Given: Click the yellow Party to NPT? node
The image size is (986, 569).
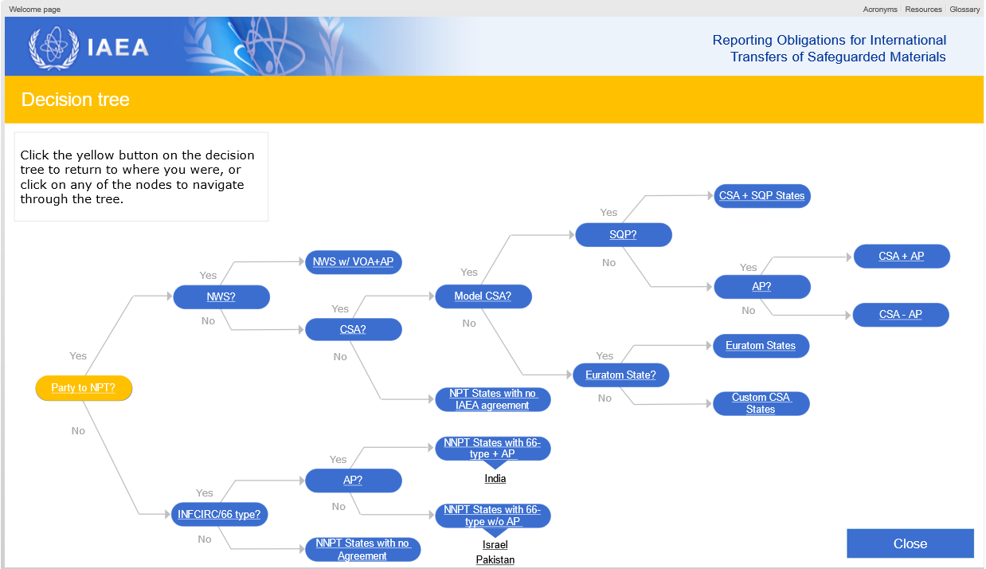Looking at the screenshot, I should [84, 388].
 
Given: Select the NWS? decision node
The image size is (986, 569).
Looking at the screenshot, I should [221, 297].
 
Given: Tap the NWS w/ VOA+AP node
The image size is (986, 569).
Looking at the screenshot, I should [354, 261].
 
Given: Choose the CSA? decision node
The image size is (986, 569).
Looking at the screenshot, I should [354, 329].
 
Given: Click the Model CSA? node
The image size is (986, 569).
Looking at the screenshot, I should [483, 296].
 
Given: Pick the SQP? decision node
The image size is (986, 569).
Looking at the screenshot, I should [623, 235].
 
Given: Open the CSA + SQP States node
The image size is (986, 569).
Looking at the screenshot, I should [761, 195].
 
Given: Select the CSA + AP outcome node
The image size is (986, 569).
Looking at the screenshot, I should [901, 257].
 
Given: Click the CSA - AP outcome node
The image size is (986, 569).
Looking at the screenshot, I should [901, 315].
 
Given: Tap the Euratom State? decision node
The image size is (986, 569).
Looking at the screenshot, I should [620, 375].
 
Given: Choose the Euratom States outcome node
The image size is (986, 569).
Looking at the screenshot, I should [761, 346].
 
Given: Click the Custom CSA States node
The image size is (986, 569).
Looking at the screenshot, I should [761, 403].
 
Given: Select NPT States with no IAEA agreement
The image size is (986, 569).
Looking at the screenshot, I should [492, 399].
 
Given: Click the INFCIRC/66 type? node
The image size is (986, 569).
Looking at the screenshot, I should [220, 515].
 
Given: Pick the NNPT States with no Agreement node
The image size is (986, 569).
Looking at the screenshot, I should [362, 550].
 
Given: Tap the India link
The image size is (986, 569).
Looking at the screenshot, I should [495, 479].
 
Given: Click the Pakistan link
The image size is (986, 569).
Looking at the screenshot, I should [495, 560].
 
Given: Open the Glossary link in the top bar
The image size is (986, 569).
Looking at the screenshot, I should [964, 10].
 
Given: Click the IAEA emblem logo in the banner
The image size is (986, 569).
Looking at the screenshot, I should [54, 48].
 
